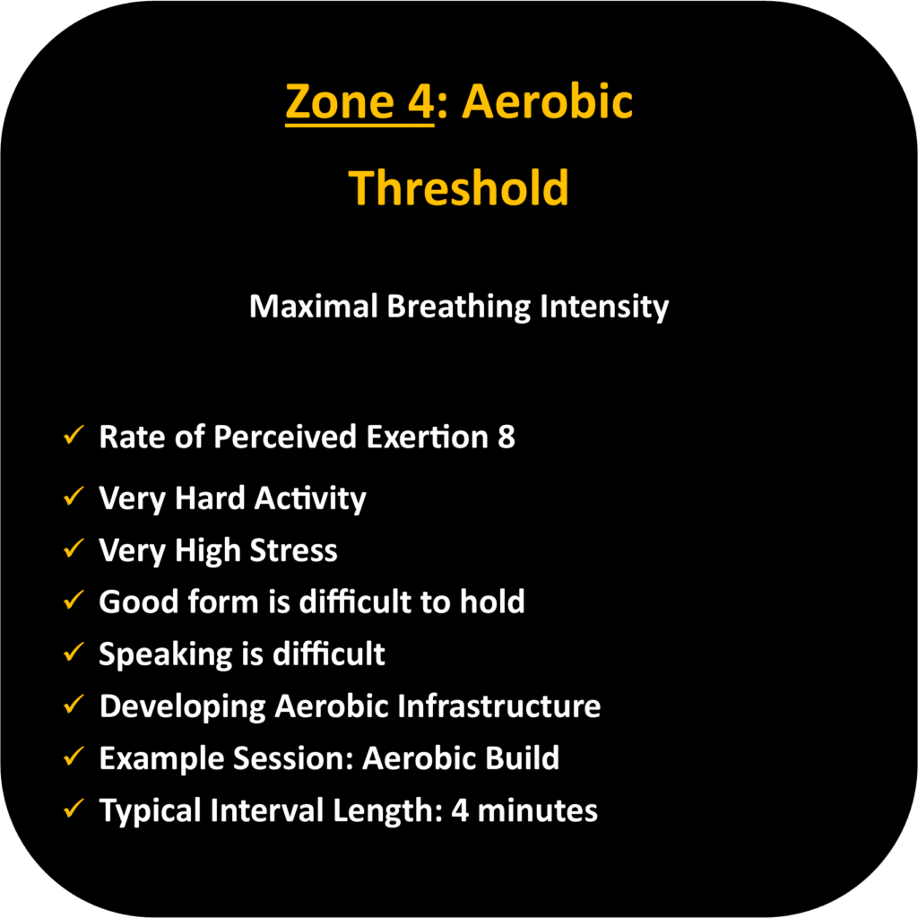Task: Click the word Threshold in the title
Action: click(x=458, y=188)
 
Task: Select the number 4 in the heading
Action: click(x=420, y=102)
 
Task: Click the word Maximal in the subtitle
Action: click(x=313, y=307)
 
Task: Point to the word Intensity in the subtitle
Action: click(x=604, y=307)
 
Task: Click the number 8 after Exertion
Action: click(x=507, y=437)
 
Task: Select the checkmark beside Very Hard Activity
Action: click(x=74, y=496)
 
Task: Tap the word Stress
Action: click(x=294, y=550)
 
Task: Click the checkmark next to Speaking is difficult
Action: click(x=74, y=652)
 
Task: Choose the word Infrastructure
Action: click(x=499, y=706)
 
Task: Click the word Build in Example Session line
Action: click(x=523, y=758)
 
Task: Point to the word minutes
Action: click(x=538, y=810)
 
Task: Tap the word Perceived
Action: click(x=285, y=437)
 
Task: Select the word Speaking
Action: click(x=166, y=654)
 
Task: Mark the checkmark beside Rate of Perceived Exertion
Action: click(x=74, y=435)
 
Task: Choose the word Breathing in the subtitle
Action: click(x=458, y=307)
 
